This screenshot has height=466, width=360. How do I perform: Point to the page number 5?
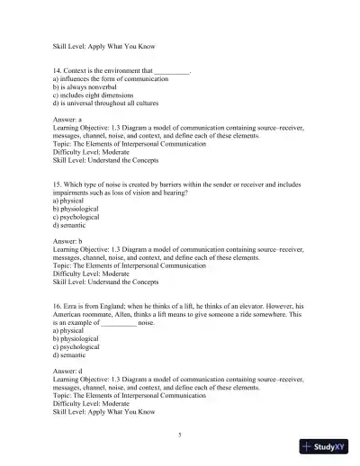pyautogui.click(x=180, y=435)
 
